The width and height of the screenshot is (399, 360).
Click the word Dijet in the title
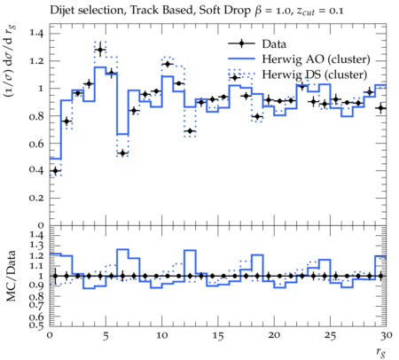(x=62, y=11)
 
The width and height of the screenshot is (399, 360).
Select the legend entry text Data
(x=274, y=44)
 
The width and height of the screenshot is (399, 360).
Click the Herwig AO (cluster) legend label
(x=316, y=59)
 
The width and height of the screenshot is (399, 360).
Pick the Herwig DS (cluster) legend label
(x=315, y=74)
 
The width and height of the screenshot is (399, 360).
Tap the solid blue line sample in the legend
(x=241, y=59)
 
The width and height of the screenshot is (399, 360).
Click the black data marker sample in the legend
(x=241, y=43)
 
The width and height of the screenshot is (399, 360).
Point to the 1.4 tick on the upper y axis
(x=36, y=33)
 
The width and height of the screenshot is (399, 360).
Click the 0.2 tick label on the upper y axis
(x=36, y=198)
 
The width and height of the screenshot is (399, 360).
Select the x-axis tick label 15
(x=218, y=335)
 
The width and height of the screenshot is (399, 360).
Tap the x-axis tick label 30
(x=386, y=335)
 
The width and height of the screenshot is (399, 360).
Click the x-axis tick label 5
(x=106, y=335)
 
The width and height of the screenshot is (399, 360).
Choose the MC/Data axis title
(x=11, y=276)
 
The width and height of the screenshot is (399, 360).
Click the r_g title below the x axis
(x=381, y=352)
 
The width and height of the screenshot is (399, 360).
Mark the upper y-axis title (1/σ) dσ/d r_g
(x=10, y=61)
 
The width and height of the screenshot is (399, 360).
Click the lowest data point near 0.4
(x=55, y=170)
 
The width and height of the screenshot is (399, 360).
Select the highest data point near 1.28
(x=100, y=50)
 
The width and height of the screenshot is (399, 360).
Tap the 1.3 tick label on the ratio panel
(x=36, y=246)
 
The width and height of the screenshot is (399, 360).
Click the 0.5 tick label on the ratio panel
(x=36, y=325)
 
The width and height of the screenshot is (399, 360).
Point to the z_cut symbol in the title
(x=305, y=12)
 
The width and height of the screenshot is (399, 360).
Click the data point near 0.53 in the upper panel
(x=122, y=153)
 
